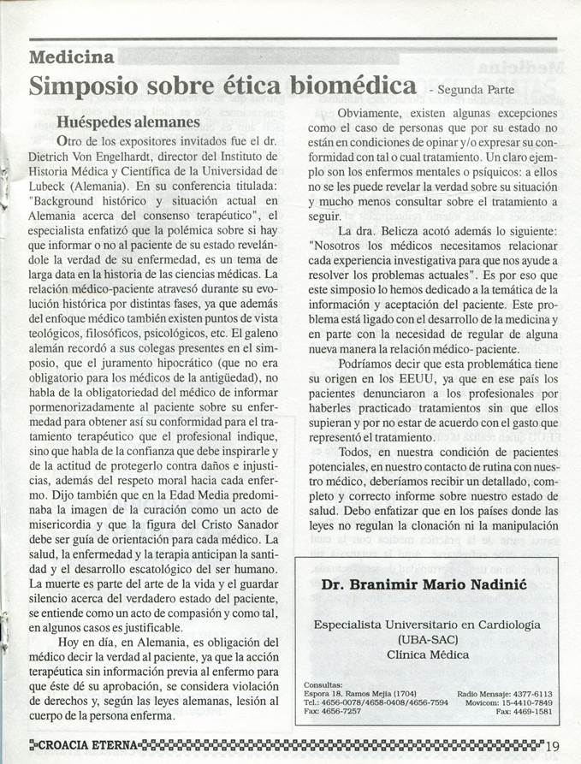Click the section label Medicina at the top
(71, 58)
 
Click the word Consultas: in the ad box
(323, 684)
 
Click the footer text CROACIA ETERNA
(86, 744)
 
